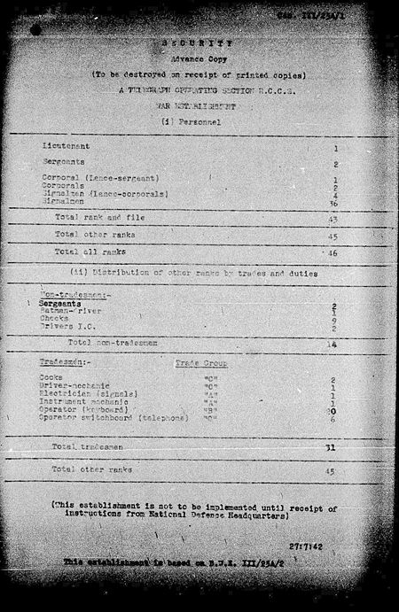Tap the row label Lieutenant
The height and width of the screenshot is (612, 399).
tap(66, 145)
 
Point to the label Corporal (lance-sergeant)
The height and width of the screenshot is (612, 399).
tap(92, 179)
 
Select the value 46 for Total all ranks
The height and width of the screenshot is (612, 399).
tap(333, 253)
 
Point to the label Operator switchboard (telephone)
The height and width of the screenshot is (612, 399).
tap(113, 418)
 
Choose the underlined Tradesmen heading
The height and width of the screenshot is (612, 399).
tap(61, 363)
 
